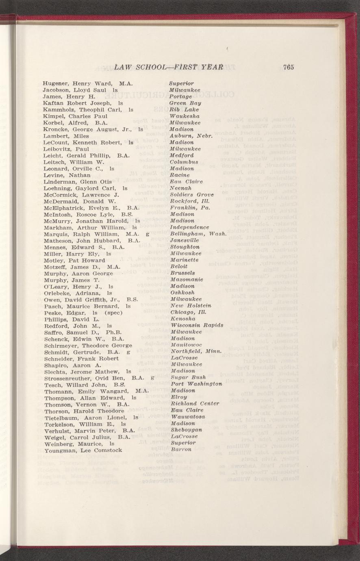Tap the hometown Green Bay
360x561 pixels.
[x=185, y=103]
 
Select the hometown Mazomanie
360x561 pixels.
[x=186, y=280]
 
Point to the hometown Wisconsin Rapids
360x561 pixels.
[x=197, y=325]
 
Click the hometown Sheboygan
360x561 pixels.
[x=187, y=430]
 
